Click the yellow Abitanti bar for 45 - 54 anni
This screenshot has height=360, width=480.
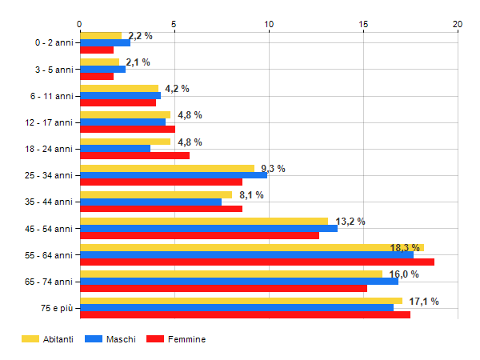click(204, 221)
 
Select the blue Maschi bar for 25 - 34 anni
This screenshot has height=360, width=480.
click(174, 174)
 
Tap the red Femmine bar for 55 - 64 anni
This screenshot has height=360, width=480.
click(257, 262)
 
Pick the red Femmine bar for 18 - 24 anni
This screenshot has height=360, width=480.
click(134, 155)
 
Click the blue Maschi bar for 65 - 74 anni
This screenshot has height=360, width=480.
click(239, 281)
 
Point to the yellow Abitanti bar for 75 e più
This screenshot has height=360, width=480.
click(241, 301)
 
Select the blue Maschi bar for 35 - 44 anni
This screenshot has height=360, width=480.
click(150, 202)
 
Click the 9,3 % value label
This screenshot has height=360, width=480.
click(273, 169)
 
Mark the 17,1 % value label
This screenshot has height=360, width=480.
click(424, 302)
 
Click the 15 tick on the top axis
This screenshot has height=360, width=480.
click(363, 24)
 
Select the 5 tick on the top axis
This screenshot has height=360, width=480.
click(174, 24)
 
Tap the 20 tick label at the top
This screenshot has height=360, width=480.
click(458, 24)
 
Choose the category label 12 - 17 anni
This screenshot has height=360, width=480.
click(49, 122)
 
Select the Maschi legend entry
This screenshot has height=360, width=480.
click(120, 339)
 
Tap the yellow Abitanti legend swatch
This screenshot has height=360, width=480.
click(30, 339)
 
